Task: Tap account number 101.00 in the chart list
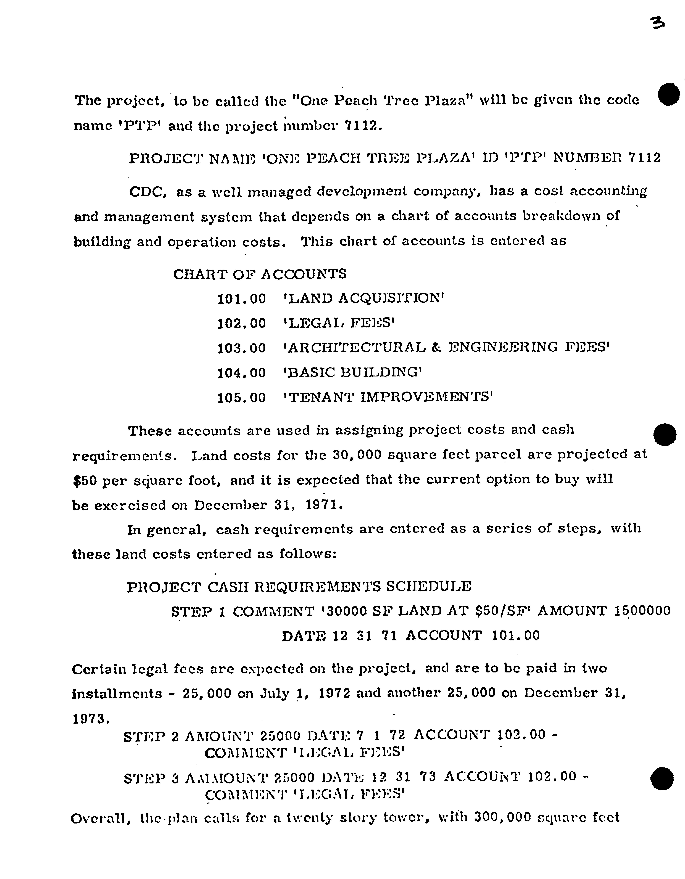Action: point(242,299)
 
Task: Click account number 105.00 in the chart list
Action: point(242,398)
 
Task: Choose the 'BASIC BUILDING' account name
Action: point(352,372)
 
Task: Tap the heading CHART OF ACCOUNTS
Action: point(260,274)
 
